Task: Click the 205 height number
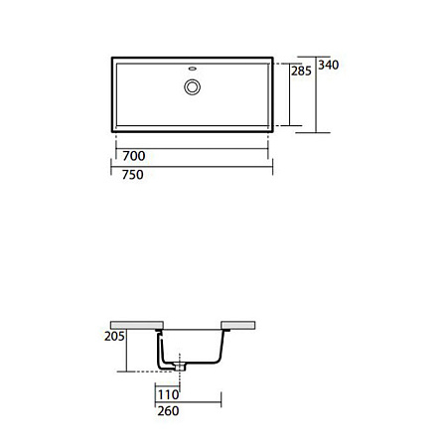click(x=115, y=338)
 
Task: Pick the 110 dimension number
click(x=166, y=393)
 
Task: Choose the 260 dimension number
click(x=166, y=408)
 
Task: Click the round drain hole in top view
click(x=192, y=86)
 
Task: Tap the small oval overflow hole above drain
click(x=192, y=70)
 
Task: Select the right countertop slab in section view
click(x=242, y=324)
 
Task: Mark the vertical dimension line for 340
click(x=317, y=93)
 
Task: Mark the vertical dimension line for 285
click(x=290, y=93)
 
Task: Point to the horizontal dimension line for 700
click(x=189, y=147)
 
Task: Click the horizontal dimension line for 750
click(x=189, y=166)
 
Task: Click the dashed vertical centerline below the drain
click(x=181, y=382)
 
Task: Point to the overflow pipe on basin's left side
click(x=159, y=348)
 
